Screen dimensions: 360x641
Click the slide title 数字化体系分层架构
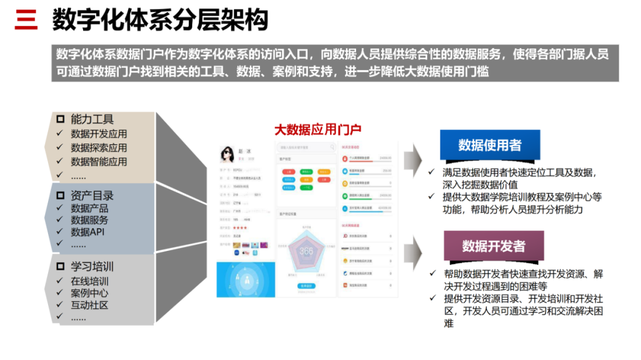point(160,20)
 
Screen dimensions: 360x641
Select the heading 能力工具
point(92,119)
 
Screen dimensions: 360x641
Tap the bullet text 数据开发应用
point(99,134)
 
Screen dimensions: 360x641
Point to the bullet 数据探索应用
point(99,148)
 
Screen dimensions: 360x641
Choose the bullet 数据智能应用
point(99,161)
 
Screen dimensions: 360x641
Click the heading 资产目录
point(92,196)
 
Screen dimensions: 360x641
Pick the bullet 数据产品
point(90,208)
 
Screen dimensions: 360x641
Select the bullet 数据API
point(87,232)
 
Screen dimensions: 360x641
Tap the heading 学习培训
point(92,266)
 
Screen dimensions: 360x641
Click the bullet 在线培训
point(90,281)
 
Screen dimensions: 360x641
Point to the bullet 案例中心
point(90,293)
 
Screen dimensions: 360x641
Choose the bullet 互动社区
point(90,305)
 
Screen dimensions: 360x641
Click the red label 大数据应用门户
point(318,130)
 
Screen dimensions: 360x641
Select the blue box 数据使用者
point(489,145)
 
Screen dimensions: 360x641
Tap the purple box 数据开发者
point(494,246)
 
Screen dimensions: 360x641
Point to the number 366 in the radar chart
point(306,251)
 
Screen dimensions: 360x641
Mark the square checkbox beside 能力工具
point(60,119)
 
